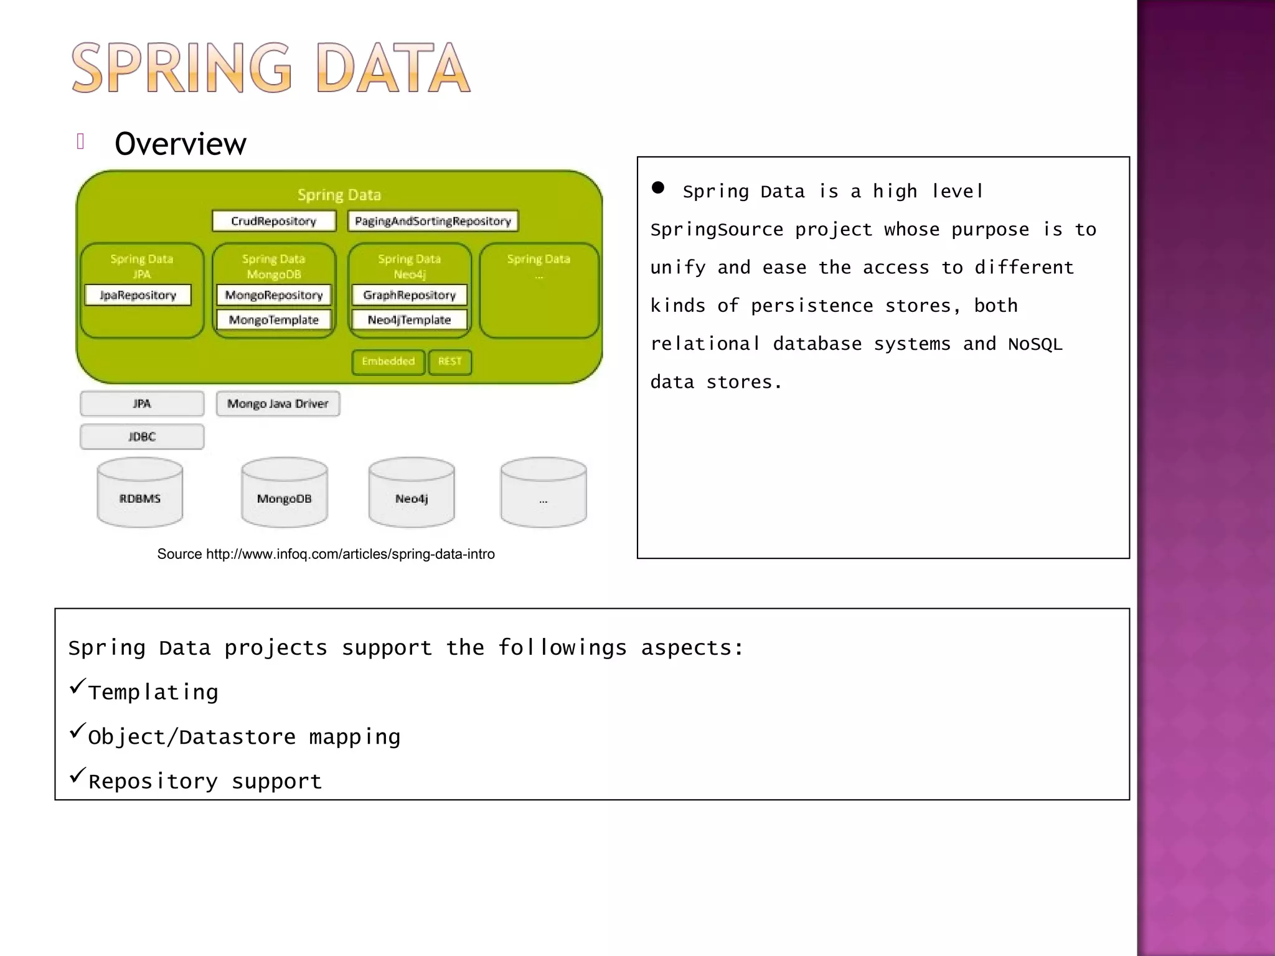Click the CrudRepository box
[274, 221]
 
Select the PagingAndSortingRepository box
[433, 221]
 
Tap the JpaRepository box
[138, 295]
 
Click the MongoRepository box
[274, 295]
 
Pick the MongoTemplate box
[274, 320]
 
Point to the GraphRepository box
[409, 295]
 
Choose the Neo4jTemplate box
[409, 320]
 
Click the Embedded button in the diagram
[388, 362]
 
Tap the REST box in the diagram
[449, 362]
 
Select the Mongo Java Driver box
[278, 404]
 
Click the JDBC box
[142, 437]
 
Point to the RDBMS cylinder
[140, 495]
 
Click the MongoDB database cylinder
[284, 495]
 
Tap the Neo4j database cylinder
[412, 495]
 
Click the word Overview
[181, 144]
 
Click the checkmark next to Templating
[77, 686]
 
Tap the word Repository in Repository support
[153, 782]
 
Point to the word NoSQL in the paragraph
[1035, 344]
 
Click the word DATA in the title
[393, 68]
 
